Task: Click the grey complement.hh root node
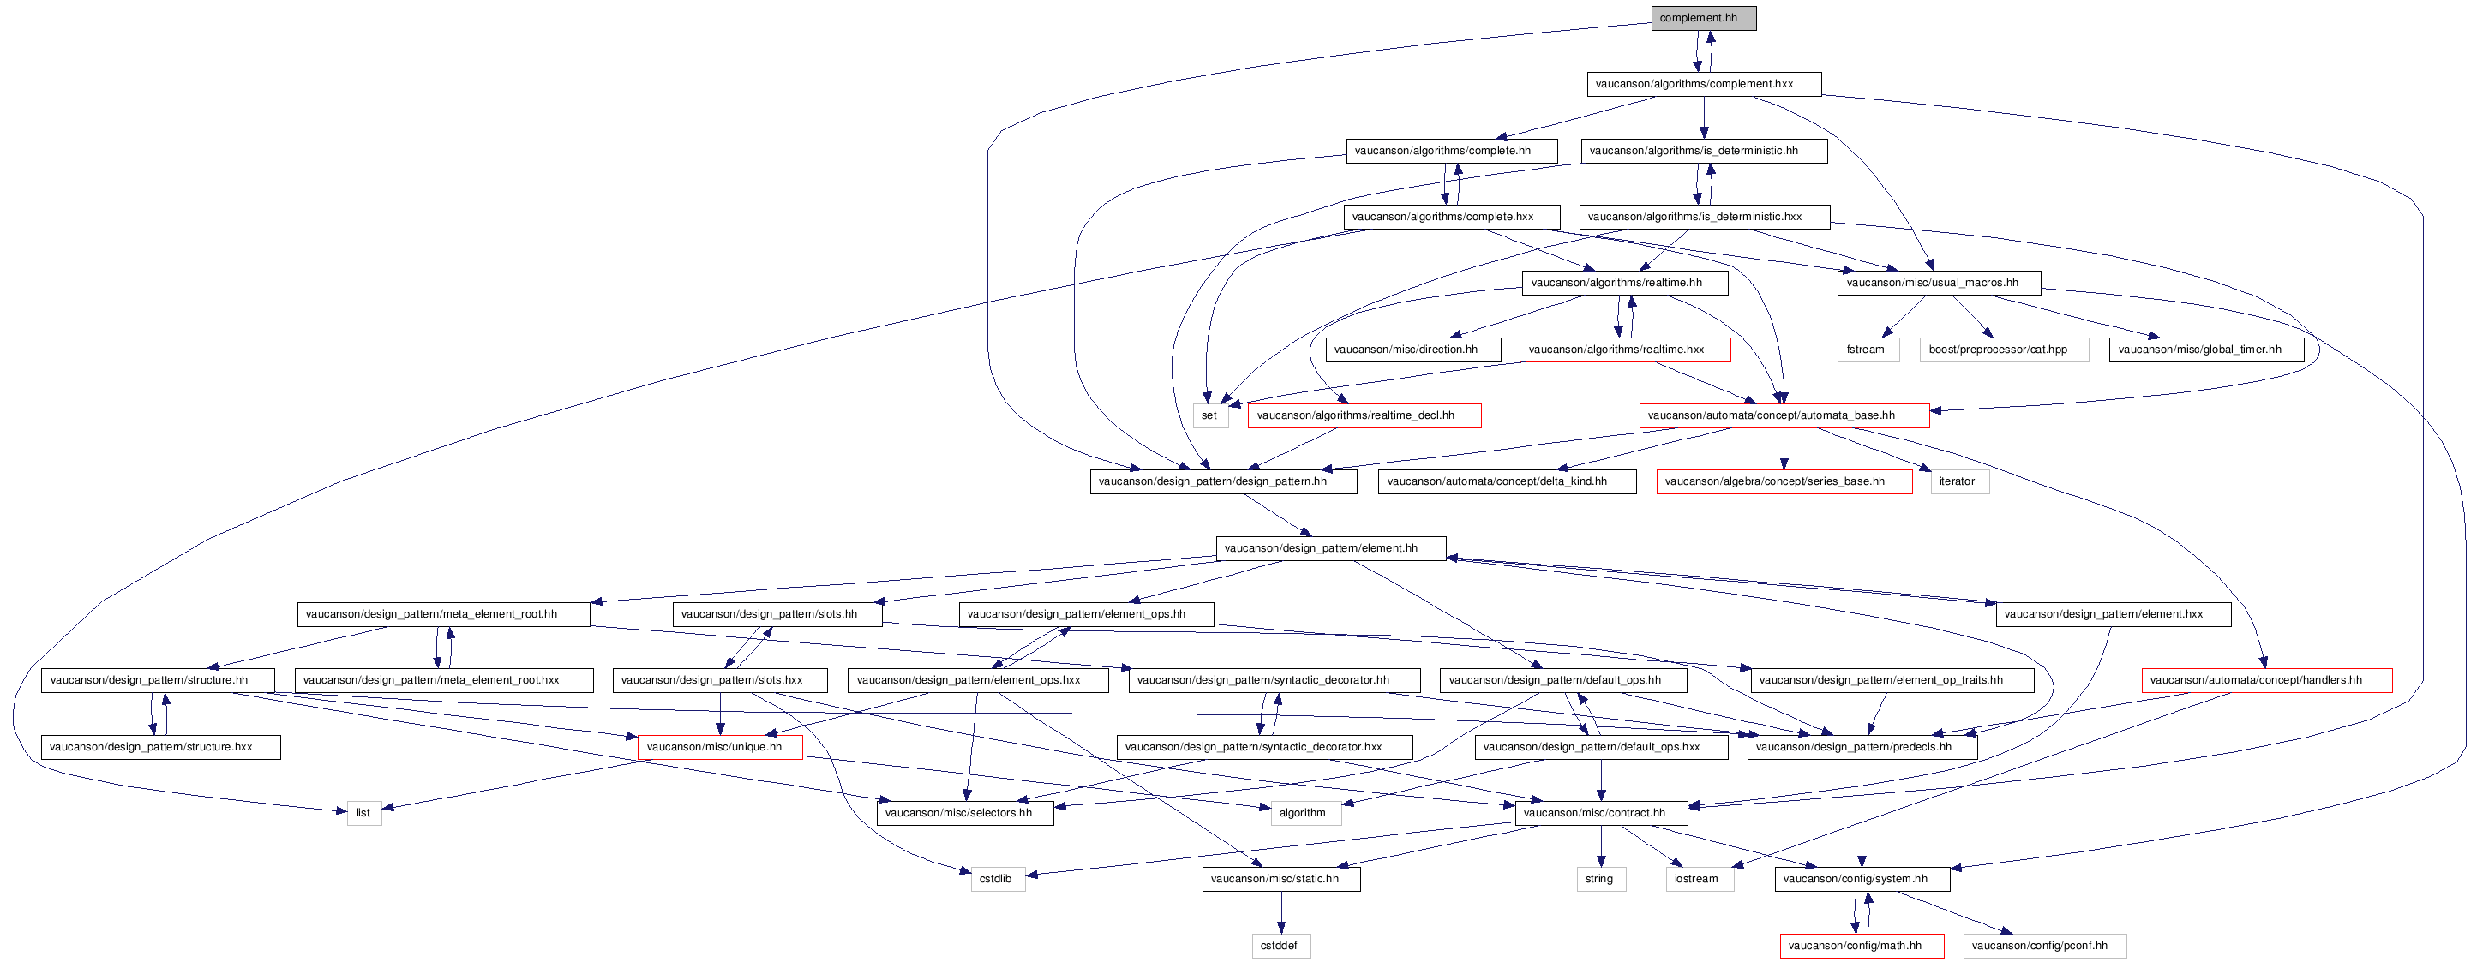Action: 1704,18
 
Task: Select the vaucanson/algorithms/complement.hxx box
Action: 1704,85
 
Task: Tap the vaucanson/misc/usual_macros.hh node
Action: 1939,283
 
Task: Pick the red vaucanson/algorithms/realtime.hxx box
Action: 1625,350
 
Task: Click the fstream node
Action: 1867,350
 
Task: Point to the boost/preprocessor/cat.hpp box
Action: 2004,350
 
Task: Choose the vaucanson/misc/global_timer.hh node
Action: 2206,350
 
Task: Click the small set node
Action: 1210,416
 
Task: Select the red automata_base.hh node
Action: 1784,416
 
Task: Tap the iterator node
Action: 1959,482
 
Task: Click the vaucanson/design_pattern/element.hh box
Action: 1330,548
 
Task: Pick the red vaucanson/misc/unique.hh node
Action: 719,747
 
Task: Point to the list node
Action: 363,813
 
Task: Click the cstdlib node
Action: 998,880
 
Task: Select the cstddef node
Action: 1280,947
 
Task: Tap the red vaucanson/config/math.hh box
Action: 1862,947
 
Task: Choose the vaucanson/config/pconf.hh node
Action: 2044,947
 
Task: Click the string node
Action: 1601,880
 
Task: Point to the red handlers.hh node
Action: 2267,681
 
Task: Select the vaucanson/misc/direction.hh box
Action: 1413,350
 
